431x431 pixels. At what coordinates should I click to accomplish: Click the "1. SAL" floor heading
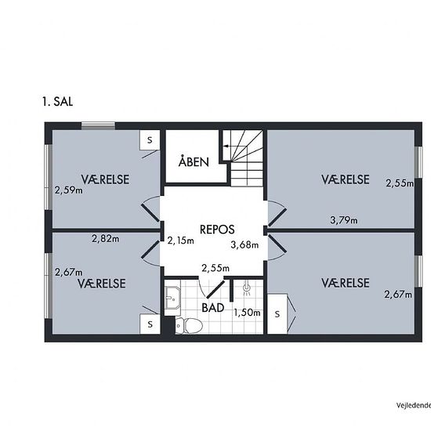click(58, 102)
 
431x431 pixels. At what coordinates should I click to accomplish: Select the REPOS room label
click(217, 230)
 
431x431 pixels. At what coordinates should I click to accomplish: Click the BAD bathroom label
click(212, 308)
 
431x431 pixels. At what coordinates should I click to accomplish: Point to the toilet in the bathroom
click(189, 326)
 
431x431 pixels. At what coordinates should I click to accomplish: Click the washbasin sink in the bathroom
click(172, 298)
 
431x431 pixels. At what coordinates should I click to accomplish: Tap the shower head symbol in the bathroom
click(247, 288)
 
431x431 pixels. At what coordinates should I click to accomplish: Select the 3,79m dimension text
click(343, 220)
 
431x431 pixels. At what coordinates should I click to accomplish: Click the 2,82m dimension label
click(105, 238)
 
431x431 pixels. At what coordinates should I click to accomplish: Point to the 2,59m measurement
click(68, 190)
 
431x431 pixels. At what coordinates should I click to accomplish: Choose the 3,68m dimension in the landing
click(244, 244)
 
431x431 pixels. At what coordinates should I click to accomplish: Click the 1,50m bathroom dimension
click(247, 313)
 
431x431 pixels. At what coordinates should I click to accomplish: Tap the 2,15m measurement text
click(180, 241)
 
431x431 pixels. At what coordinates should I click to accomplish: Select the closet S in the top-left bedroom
click(150, 140)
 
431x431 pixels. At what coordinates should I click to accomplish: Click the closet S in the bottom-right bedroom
click(277, 314)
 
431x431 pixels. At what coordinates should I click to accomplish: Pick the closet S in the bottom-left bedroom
click(150, 324)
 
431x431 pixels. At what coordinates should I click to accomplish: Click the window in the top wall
click(98, 126)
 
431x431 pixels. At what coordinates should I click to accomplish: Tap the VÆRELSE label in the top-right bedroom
click(346, 179)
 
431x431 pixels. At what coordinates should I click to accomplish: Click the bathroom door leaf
click(215, 289)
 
